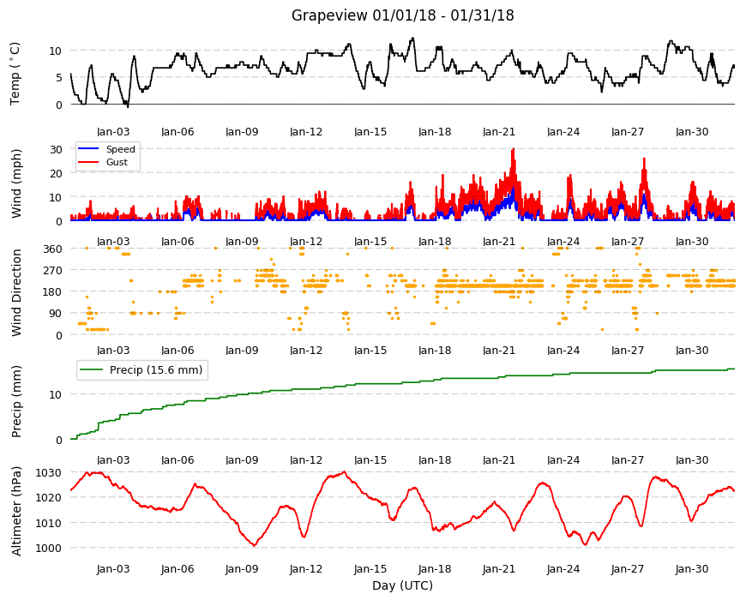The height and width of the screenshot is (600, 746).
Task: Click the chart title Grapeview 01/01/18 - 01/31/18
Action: tap(402, 15)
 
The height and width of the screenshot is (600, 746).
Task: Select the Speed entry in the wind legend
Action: tap(120, 149)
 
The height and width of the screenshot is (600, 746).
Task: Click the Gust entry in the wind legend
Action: tap(117, 162)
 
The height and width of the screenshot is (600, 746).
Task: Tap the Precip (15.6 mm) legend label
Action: tap(156, 370)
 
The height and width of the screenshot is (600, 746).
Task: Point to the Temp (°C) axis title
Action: tap(15, 74)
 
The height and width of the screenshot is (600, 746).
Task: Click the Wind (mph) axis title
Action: tap(16, 183)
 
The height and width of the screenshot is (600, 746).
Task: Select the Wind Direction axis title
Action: tap(16, 292)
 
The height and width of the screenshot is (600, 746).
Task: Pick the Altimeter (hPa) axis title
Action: tap(16, 511)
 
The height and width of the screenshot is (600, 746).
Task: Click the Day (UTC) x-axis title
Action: tap(402, 585)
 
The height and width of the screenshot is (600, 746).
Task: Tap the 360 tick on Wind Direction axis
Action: tap(53, 249)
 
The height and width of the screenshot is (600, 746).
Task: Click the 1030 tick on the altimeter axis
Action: tap(49, 472)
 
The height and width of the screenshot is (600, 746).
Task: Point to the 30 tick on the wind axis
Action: tap(56, 149)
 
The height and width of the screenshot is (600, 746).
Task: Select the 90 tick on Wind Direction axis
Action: tap(56, 314)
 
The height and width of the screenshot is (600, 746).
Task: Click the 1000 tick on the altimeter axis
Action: tap(49, 548)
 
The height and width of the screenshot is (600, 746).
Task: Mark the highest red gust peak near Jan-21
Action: tap(514, 149)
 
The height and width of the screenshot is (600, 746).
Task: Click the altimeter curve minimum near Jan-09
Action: tap(254, 545)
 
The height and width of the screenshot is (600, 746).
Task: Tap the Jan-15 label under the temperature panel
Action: tap(370, 132)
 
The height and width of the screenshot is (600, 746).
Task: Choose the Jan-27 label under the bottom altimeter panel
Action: tap(628, 568)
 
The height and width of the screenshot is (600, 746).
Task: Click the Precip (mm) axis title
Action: tap(16, 401)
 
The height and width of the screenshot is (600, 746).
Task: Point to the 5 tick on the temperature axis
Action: tap(59, 77)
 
